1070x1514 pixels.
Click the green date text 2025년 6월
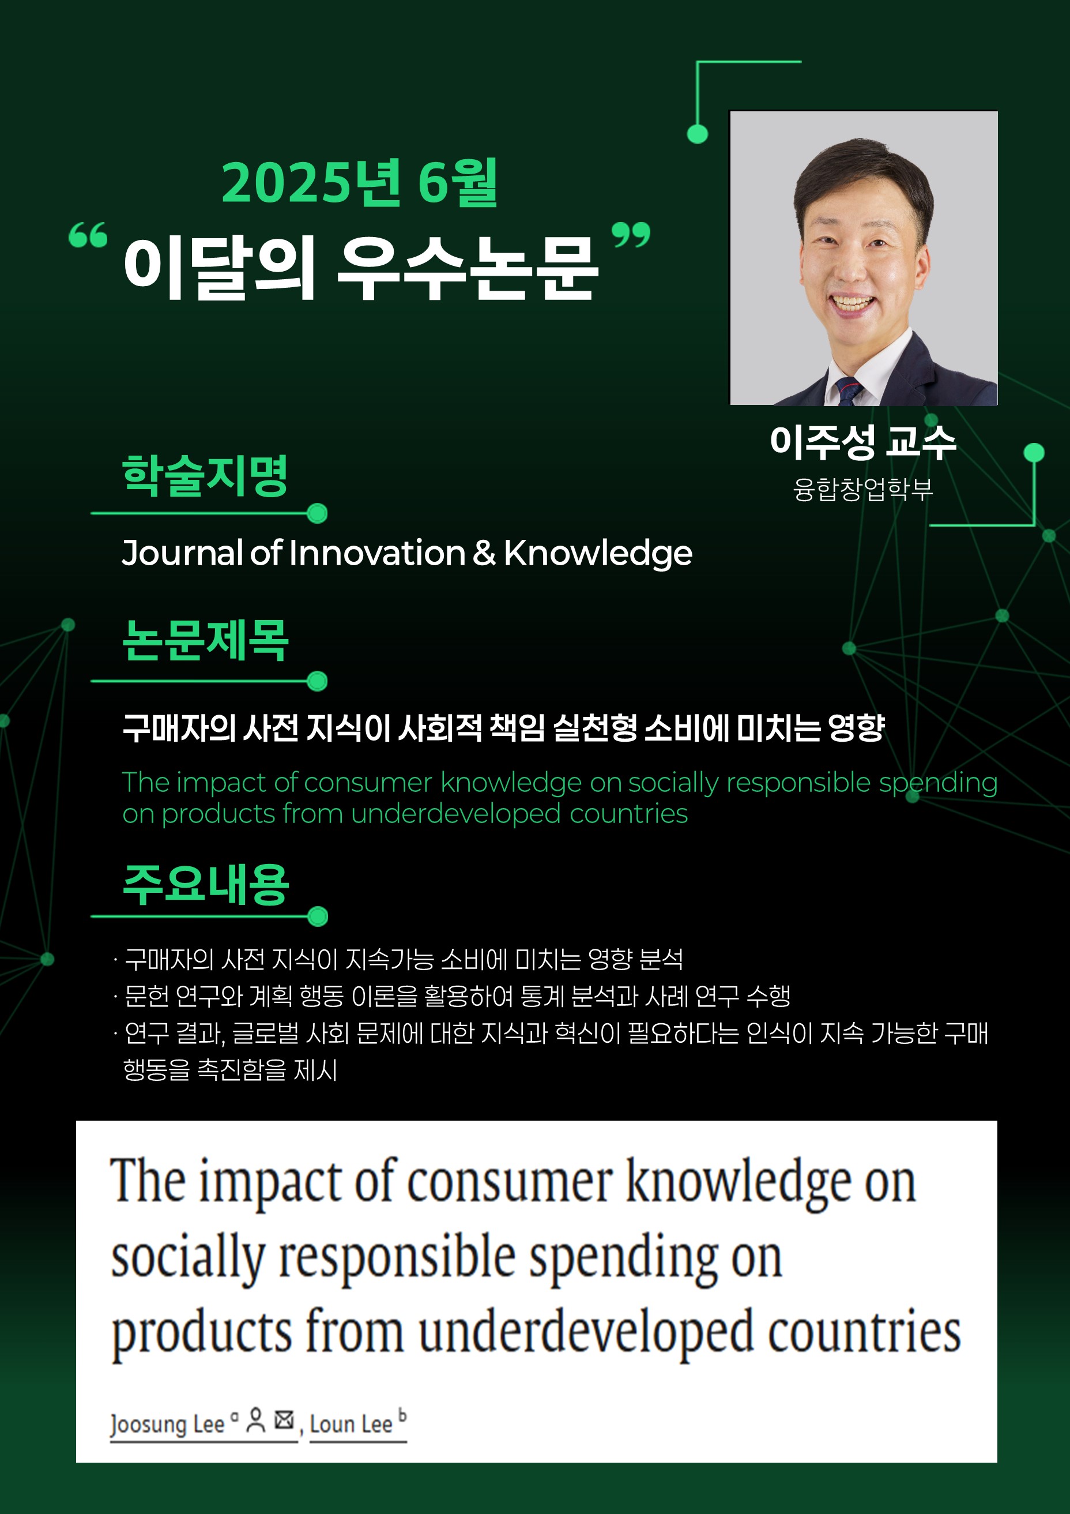tap(359, 183)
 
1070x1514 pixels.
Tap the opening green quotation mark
tap(88, 235)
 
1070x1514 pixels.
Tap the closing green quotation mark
tap(631, 235)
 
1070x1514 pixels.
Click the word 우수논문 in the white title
tap(468, 268)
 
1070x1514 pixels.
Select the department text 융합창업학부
tap(863, 489)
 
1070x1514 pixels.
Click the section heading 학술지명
tap(205, 475)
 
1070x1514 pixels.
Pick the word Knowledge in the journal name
tap(598, 553)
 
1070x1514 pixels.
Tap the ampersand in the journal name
tap(484, 552)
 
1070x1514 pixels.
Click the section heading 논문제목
tap(205, 640)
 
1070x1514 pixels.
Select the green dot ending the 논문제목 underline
tap(318, 681)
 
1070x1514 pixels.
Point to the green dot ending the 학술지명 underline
tap(318, 513)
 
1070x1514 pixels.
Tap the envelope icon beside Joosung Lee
tap(284, 1419)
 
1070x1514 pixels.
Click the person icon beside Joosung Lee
tap(256, 1420)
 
